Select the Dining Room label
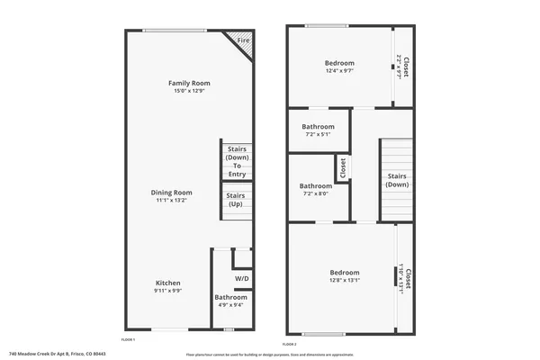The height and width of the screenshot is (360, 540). (x=171, y=192)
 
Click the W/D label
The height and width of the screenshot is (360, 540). (x=241, y=278)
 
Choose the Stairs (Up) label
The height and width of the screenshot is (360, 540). (x=236, y=200)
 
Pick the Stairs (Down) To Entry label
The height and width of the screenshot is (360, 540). (x=238, y=161)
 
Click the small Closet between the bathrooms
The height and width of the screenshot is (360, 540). (x=342, y=166)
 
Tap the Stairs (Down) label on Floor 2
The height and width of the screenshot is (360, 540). (x=397, y=180)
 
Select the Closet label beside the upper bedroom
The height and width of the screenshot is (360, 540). (x=404, y=67)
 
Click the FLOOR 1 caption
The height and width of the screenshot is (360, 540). (x=128, y=339)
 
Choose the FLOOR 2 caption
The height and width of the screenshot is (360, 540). (x=289, y=345)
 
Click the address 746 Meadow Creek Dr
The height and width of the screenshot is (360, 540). (x=58, y=354)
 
